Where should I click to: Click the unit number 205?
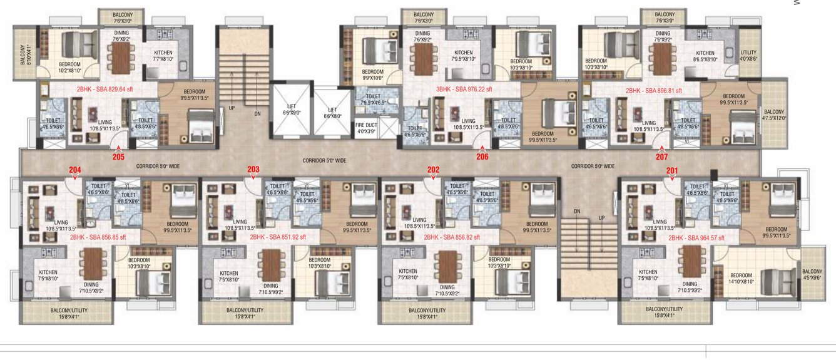118,157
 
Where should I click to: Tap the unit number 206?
482,157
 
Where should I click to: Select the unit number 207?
661,157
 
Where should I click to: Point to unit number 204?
75,169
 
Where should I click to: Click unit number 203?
253,169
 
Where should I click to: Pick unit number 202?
433,169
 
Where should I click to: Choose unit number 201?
671,169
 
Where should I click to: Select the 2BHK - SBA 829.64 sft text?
106,90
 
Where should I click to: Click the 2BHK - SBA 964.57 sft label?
697,238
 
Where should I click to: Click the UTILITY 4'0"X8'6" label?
748,56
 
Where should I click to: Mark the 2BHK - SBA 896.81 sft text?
654,90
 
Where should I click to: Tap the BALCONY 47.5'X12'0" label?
774,114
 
